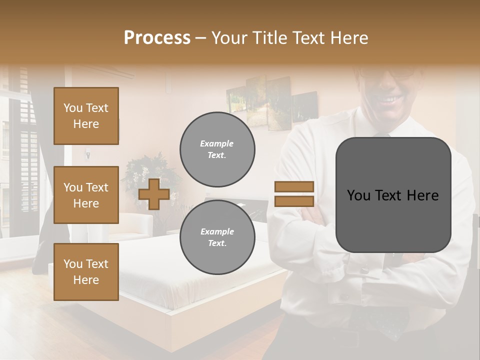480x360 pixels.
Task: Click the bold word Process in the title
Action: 157,37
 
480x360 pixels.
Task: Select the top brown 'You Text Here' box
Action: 86,116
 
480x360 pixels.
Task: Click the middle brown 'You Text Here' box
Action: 86,195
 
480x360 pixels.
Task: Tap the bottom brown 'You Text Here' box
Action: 86,272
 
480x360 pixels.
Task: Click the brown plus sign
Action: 154,194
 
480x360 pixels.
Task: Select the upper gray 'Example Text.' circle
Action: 217,149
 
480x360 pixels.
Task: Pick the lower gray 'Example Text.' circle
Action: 217,237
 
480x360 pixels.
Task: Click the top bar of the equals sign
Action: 294,186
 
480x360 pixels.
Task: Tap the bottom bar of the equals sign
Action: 294,201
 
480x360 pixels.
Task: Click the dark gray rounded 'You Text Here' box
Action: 393,195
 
